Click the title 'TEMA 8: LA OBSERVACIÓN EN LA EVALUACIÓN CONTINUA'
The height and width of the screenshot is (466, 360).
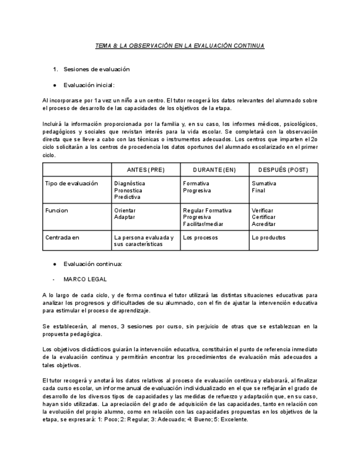pos(180,46)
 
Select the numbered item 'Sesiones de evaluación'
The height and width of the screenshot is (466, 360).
pos(96,69)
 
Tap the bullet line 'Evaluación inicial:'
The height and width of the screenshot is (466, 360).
pos(88,85)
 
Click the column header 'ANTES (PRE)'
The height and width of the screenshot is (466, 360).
pos(146,169)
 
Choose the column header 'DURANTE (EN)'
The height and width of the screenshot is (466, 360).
pos(215,169)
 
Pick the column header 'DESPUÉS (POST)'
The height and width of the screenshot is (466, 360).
pos(283,169)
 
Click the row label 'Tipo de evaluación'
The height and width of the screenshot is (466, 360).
pos(71,184)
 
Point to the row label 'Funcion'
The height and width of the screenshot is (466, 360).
pos(57,210)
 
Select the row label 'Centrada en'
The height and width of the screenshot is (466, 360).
pos(62,237)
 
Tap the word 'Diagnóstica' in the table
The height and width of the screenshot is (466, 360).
pos(130,184)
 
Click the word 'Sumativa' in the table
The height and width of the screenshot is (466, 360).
pos(264,184)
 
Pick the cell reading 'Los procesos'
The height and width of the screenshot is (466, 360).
pos(200,237)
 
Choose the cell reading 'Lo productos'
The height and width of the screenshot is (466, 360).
pos(268,237)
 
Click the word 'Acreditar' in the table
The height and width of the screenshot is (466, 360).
pos(264,224)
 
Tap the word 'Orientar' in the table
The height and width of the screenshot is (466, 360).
pos(125,210)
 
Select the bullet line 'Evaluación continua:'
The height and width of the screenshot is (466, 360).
pos(92,264)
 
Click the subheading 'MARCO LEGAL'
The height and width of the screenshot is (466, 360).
pos(85,279)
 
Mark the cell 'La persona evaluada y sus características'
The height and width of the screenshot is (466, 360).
pos(143,241)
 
